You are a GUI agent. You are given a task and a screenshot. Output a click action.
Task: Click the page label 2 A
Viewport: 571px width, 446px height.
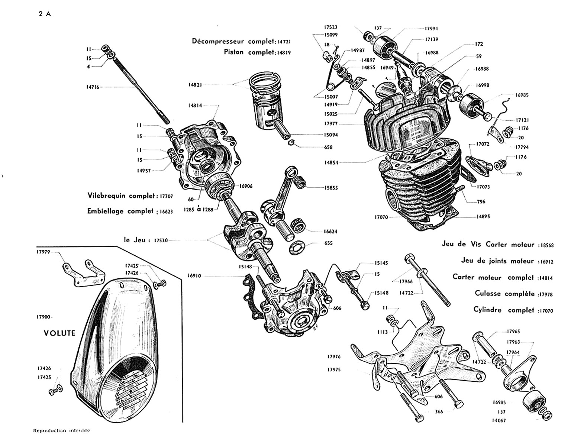coord(44,14)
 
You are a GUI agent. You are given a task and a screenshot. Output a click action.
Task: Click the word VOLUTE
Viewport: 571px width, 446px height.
coord(59,333)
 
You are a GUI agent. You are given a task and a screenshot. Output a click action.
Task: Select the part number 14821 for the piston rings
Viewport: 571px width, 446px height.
coord(196,85)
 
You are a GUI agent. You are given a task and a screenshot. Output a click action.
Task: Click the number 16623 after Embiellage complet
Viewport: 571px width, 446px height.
coord(165,211)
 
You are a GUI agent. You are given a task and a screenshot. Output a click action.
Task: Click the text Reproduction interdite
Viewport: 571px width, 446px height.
coord(62,431)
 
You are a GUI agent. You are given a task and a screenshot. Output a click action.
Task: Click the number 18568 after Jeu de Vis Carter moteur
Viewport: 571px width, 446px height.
coord(546,245)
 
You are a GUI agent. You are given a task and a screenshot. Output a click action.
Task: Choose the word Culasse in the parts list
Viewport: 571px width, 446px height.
coord(488,293)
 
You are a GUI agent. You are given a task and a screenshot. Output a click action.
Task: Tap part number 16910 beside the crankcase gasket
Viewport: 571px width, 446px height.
coord(195,276)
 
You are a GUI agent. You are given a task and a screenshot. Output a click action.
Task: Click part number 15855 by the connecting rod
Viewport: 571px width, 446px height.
coord(330,188)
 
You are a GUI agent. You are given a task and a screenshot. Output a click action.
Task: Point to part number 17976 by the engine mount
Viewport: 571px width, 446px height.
coord(334,357)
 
